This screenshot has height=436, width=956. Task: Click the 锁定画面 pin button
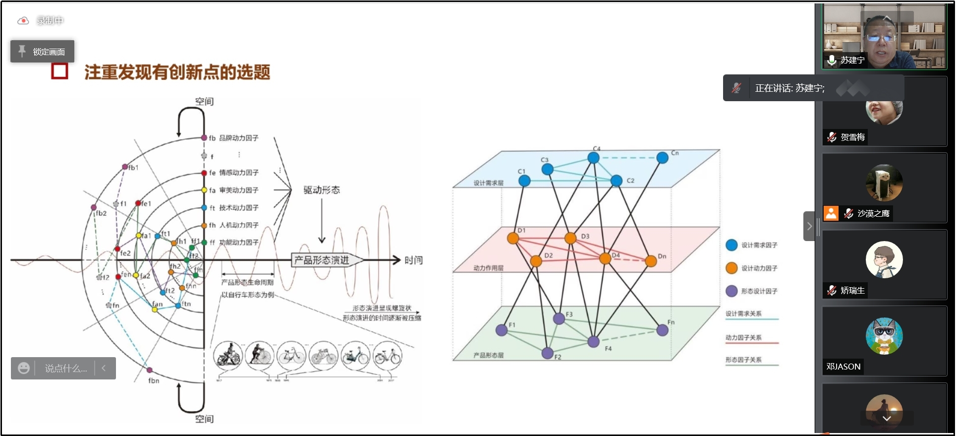tap(42, 52)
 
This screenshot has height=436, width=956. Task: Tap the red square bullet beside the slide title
tap(59, 71)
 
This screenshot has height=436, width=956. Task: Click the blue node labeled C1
tap(524, 181)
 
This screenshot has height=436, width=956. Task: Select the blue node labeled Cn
tap(662, 158)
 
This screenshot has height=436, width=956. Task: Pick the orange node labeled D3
tap(570, 238)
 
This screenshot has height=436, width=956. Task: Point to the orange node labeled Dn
tap(651, 261)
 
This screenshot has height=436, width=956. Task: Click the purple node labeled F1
tap(502, 330)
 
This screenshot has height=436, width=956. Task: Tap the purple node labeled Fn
tap(662, 330)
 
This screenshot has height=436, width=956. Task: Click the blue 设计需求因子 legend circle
tap(731, 245)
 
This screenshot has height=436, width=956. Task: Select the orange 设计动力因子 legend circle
tap(731, 268)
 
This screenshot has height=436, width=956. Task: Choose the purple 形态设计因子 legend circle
tap(731, 291)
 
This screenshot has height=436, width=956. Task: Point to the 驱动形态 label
tap(322, 190)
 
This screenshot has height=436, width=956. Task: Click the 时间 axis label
tap(413, 260)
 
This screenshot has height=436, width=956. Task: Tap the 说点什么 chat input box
tap(65, 369)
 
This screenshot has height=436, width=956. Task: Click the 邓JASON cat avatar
tap(884, 336)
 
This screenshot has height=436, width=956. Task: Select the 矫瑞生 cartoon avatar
tap(884, 259)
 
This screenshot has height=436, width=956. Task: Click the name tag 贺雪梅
tap(852, 137)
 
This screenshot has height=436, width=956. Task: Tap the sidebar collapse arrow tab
tap(809, 226)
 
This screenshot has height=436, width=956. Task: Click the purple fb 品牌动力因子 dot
tap(204, 138)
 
